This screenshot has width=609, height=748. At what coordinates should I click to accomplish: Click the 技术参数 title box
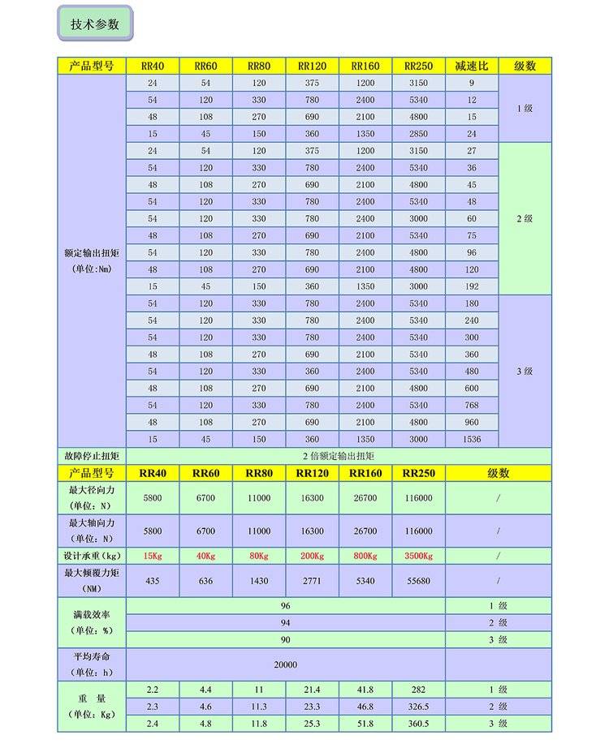coord(95,24)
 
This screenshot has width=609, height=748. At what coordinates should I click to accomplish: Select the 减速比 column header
coord(471,66)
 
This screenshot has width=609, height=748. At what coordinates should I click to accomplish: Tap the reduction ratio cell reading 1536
coord(471,439)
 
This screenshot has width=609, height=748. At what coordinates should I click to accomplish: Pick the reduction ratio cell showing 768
coord(471,405)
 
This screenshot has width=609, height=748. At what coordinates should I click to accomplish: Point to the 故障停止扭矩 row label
coord(92,456)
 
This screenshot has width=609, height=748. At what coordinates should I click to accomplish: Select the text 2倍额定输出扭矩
coord(338,456)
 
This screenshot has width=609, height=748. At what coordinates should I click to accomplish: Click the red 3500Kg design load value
coord(418,556)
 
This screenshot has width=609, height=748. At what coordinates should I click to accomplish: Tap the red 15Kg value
coord(152,556)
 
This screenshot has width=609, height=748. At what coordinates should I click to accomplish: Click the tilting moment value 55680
coord(418,581)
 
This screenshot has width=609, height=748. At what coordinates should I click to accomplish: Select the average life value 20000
coord(285,664)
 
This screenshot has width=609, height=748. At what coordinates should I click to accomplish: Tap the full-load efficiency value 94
coord(285,622)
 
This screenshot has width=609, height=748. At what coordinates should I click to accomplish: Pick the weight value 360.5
coord(418,723)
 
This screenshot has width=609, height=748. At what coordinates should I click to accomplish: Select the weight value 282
coord(418,689)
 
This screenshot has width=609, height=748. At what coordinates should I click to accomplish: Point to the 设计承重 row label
coord(92,556)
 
